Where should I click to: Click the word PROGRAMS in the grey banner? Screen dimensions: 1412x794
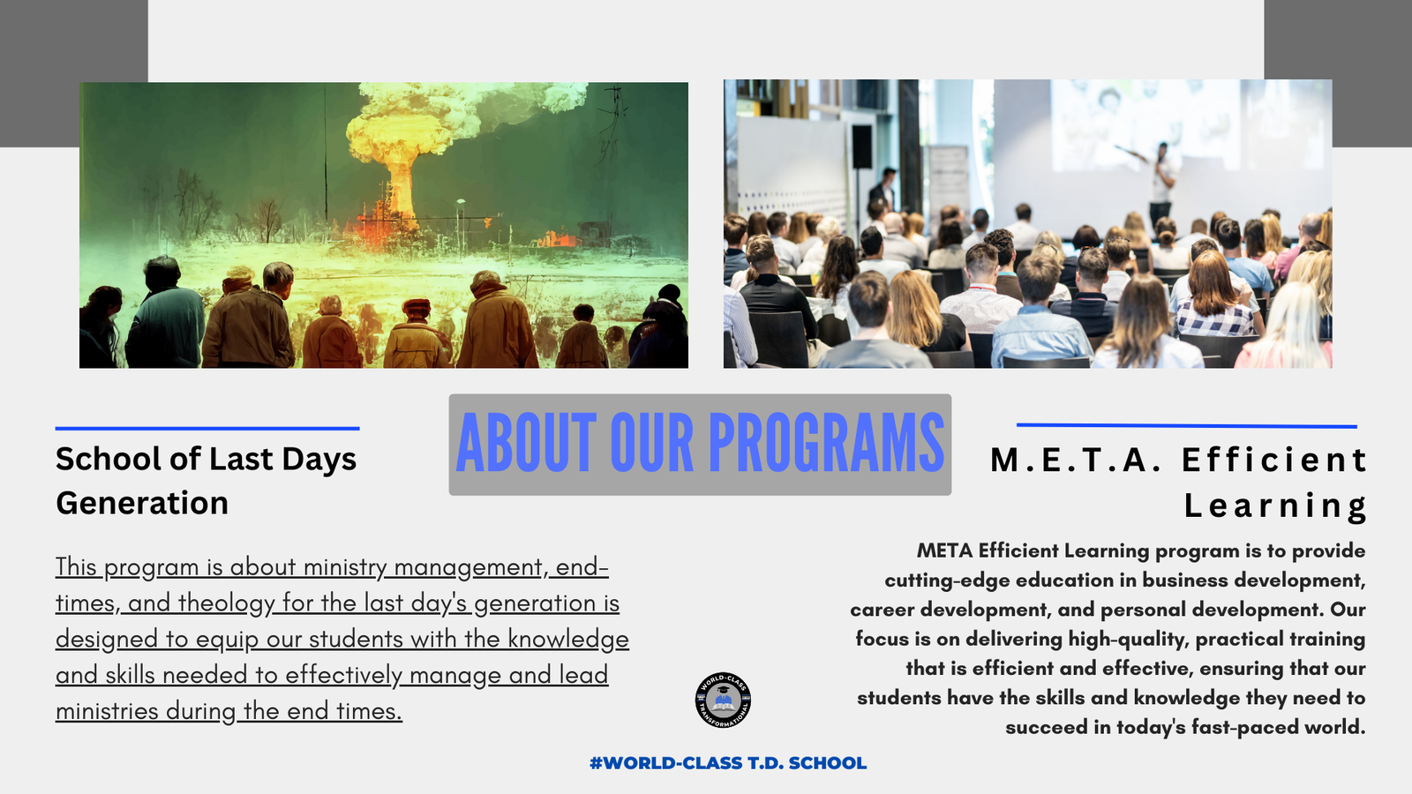click(x=826, y=442)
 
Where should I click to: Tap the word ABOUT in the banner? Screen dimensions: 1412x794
click(x=526, y=442)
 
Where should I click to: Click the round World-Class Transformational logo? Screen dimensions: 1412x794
click(x=723, y=700)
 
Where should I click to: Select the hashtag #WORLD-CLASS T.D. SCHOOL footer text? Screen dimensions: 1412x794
click(x=728, y=763)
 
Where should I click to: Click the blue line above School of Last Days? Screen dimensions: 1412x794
click(x=207, y=429)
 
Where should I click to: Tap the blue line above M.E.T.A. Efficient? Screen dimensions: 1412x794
click(x=1187, y=426)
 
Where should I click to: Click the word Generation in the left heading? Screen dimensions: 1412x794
click(x=142, y=504)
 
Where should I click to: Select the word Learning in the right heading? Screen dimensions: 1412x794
click(x=1275, y=506)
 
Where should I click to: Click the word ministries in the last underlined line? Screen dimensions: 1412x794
click(x=107, y=711)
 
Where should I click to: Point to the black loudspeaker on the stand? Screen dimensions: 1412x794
click(x=861, y=146)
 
